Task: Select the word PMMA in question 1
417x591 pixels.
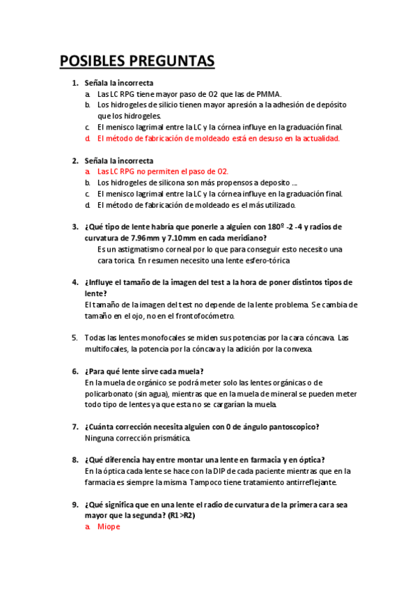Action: [267, 94]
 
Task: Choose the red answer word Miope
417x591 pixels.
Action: [109, 527]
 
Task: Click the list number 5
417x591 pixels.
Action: [75, 337]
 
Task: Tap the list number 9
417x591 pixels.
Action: [75, 505]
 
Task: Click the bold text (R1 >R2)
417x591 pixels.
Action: [182, 516]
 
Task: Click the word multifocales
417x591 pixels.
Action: [108, 348]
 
